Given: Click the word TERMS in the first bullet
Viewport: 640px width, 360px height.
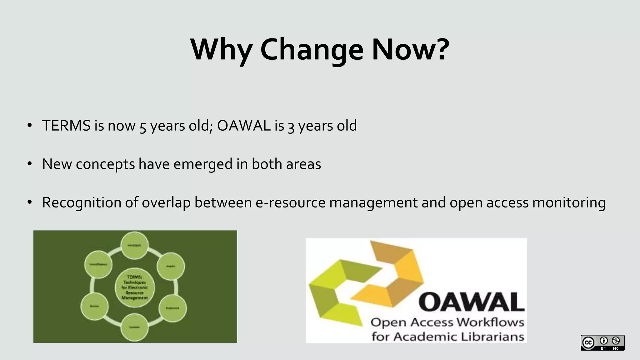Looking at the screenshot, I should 66,126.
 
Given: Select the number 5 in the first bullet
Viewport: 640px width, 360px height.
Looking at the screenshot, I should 142,126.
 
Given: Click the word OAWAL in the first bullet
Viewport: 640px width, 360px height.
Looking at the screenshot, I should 244,126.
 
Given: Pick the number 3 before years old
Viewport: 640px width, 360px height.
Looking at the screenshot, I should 291,126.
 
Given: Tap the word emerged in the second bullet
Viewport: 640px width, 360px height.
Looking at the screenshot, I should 203,164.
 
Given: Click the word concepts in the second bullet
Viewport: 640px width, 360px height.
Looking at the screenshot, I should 105,164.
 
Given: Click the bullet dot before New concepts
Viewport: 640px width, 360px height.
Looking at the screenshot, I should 30,164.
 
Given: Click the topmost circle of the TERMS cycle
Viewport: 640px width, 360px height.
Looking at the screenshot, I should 134,245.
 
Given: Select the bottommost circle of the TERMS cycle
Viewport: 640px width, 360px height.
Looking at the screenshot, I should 134,327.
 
